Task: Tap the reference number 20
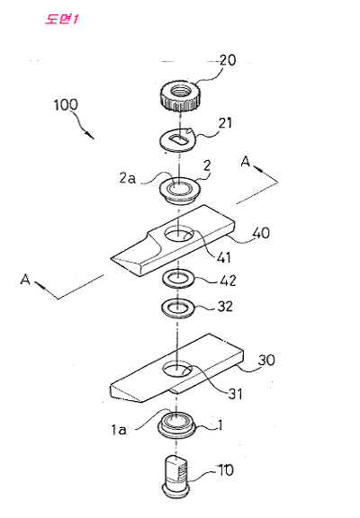tap(228, 60)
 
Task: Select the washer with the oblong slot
tap(178, 140)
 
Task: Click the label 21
tap(225, 123)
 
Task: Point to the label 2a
tap(128, 178)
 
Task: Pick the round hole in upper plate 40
tap(179, 234)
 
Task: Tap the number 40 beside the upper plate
tap(261, 233)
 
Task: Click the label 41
tap(224, 257)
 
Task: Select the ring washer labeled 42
tap(178, 280)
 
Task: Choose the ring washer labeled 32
tap(178, 308)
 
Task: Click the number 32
tap(225, 307)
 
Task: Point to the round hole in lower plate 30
tap(177, 369)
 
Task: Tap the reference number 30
tap(266, 360)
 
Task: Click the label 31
tap(235, 394)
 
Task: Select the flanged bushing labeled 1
tap(177, 424)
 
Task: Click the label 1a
tap(118, 430)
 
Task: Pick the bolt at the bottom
tap(176, 476)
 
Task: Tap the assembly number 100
tap(66, 104)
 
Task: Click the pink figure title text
tap(61, 19)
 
